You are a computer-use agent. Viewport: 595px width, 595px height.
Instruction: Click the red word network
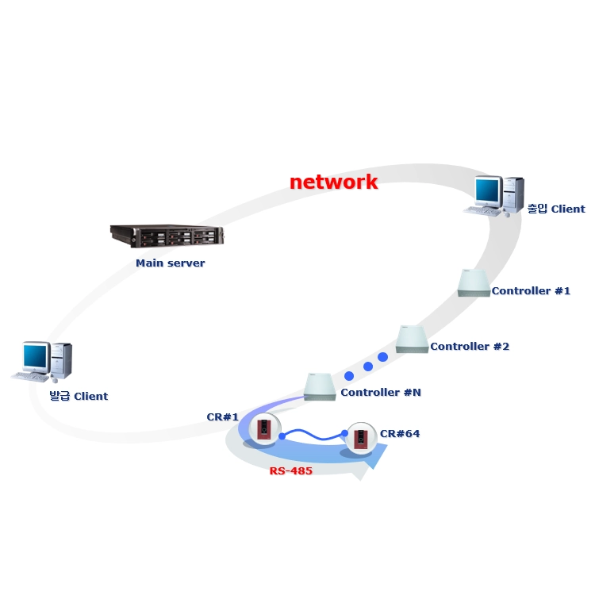pos(333,182)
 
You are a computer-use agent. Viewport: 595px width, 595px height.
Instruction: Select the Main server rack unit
pos(167,236)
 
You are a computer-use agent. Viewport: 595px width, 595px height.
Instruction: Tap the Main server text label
pos(171,263)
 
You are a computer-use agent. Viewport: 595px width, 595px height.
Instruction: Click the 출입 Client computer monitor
pos(489,192)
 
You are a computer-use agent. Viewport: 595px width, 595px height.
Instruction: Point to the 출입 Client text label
pos(556,209)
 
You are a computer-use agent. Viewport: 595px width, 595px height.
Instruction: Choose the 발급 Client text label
pos(79,396)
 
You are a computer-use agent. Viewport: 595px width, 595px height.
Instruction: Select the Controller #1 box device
pos(474,283)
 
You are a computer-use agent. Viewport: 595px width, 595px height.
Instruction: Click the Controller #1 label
pos(531,291)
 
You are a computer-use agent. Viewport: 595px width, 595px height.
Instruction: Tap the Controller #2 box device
pos(412,340)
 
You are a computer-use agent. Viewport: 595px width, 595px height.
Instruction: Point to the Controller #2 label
pos(470,347)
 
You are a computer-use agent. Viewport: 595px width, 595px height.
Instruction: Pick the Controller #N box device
pos(320,387)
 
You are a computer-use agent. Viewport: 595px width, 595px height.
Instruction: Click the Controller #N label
pos(381,393)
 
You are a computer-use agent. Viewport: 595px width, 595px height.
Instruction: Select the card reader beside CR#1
pos(264,429)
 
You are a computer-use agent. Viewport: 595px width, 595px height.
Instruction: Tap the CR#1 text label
pos(223,417)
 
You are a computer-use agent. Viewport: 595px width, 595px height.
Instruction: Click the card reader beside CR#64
pos(361,439)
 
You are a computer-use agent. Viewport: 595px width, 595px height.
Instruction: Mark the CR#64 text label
pos(400,434)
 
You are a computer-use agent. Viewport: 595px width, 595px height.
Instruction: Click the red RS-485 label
pos(291,471)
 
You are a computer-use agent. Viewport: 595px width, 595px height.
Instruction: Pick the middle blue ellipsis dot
pos(367,367)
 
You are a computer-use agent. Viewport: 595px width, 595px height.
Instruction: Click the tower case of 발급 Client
pos(61,360)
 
